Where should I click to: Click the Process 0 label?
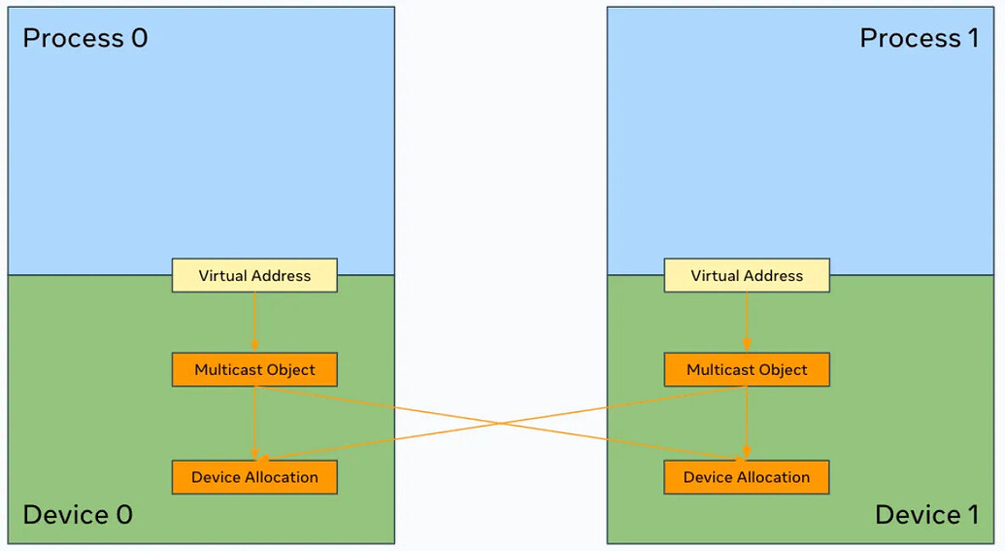[84, 39]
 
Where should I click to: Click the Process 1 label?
[919, 39]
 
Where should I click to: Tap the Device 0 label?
[77, 514]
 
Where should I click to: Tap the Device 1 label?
[926, 514]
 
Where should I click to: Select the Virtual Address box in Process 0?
[254, 276]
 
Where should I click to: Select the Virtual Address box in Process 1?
[747, 276]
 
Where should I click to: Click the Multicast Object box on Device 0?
[254, 370]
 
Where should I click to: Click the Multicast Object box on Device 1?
[747, 370]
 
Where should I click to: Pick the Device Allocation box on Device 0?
[254, 477]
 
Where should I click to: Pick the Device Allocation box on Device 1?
[747, 477]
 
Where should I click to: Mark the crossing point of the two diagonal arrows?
[500, 423]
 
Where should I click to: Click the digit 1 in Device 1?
[970, 514]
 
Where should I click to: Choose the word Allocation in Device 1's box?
[773, 477]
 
